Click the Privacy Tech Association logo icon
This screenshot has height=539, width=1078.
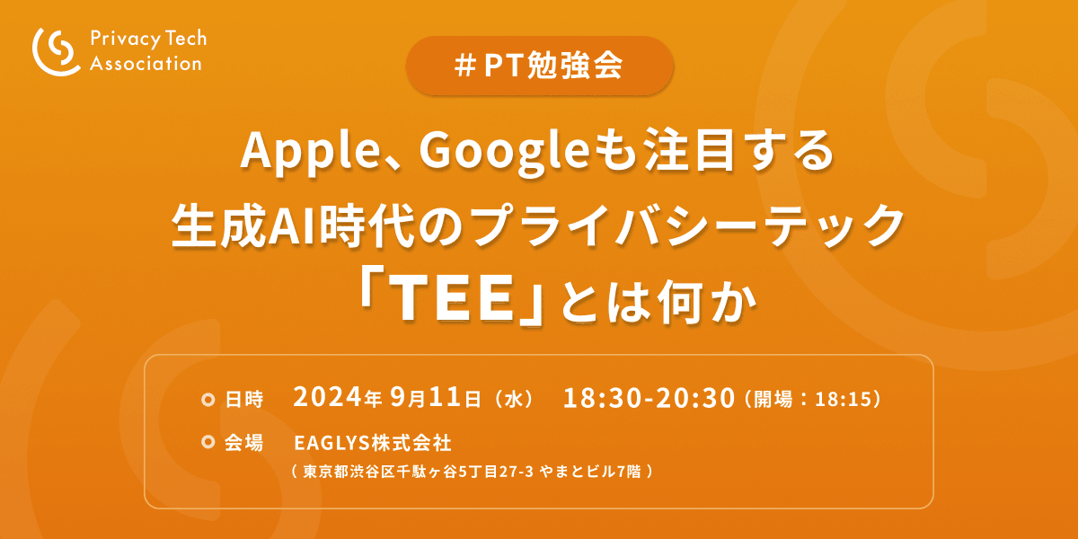(x=57, y=51)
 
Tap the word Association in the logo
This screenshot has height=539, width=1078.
(x=146, y=64)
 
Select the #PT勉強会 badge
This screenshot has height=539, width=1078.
(x=539, y=66)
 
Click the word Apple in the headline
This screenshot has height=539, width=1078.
(x=309, y=152)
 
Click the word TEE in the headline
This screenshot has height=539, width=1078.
(x=453, y=298)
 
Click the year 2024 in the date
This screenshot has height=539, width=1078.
(x=327, y=397)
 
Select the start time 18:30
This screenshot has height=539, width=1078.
(x=602, y=399)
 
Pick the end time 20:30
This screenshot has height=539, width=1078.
(x=695, y=399)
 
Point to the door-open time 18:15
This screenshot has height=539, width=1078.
(x=844, y=400)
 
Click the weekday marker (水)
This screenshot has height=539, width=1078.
(x=514, y=400)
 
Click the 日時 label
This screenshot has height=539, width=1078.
(x=244, y=400)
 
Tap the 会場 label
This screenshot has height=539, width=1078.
(x=244, y=442)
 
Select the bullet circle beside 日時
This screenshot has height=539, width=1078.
(x=208, y=400)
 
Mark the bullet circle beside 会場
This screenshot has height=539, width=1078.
(x=208, y=442)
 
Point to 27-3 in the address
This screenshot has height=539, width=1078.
(x=516, y=472)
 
